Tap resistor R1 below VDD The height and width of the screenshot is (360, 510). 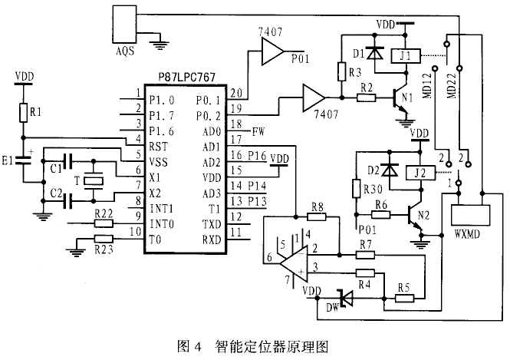point(24,114)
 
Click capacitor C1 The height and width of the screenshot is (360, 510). point(70,161)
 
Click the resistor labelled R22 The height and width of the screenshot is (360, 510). point(104,224)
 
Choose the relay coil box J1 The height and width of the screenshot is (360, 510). point(406,56)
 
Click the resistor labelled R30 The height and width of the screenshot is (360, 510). point(355,189)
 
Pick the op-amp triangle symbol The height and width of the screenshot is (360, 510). point(294,263)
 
